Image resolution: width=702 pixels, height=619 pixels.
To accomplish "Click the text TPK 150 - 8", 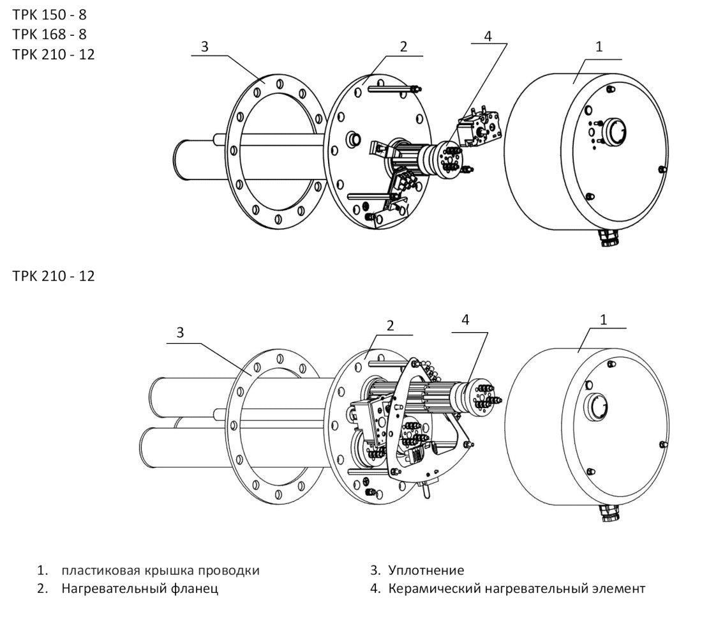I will pos(49,15).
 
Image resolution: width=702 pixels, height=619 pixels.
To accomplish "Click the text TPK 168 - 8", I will pos(49,34).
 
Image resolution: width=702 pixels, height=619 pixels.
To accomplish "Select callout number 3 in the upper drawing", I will pos(204,47).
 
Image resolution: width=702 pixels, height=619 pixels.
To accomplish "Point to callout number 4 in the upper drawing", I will pos(488,36).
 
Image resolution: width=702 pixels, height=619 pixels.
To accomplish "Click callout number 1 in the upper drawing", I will pos(598,47).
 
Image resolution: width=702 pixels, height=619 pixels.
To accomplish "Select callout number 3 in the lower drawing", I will pos(180,332).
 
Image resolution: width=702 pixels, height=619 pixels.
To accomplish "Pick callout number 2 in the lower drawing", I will pos(390,325).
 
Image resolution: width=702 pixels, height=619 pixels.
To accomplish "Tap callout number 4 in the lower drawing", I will pos(465,321).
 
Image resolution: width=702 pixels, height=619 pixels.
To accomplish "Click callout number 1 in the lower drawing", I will pos(603,319).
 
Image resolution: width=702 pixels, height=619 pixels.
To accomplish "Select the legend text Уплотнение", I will pos(426,570).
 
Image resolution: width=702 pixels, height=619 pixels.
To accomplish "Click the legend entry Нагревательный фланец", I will pos(140,588).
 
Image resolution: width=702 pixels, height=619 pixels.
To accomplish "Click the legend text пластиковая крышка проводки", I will pos(160,570).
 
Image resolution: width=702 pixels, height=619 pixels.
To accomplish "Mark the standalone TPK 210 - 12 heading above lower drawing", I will pos(54,277).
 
